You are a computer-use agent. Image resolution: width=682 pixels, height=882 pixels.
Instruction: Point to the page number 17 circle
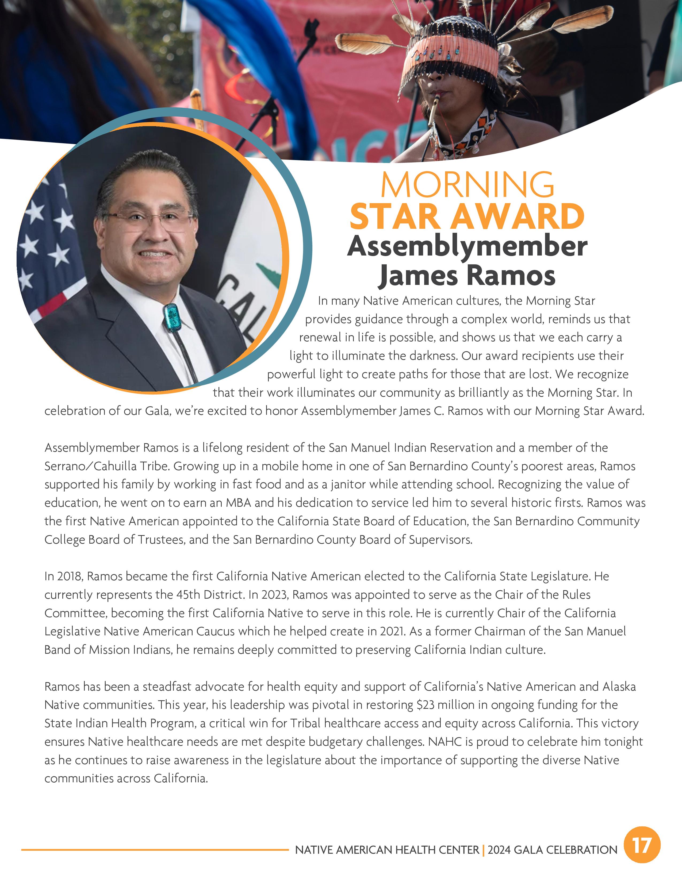[x=642, y=845]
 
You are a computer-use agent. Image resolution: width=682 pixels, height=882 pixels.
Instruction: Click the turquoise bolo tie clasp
[x=171, y=318]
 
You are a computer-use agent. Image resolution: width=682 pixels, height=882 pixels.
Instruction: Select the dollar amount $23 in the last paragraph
[x=426, y=705]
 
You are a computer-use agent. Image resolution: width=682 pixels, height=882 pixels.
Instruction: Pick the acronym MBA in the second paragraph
[x=238, y=503]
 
